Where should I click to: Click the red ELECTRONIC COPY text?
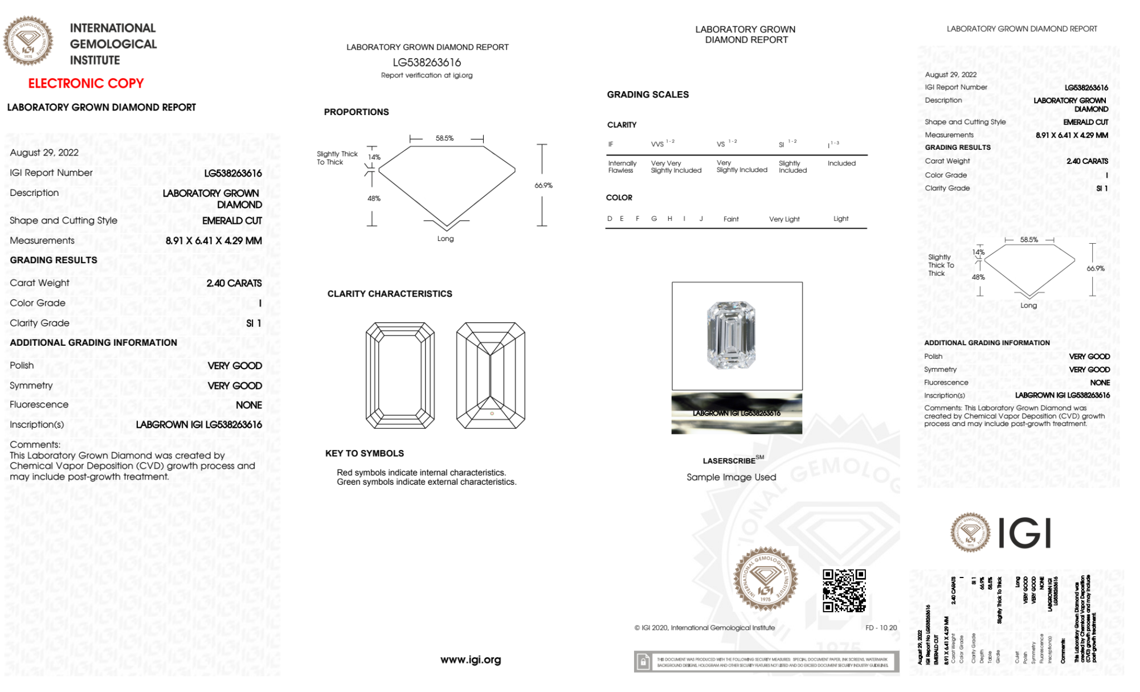tap(86, 83)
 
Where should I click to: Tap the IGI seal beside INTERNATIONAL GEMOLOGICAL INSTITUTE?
tap(28, 40)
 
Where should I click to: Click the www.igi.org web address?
tap(471, 660)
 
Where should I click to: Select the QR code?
tap(844, 591)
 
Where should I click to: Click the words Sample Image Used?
tap(731, 477)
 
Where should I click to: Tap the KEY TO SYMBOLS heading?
tap(365, 453)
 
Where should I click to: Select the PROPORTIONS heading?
tap(357, 112)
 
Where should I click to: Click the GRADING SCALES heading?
tap(648, 95)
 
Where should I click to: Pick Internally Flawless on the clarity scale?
tap(622, 167)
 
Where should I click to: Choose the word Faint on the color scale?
tap(731, 219)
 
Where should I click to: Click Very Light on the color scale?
tap(784, 219)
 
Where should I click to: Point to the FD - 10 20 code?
tap(881, 628)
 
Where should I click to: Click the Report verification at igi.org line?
tap(427, 75)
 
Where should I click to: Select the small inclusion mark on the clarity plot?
tap(492, 413)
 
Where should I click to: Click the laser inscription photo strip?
tap(737, 413)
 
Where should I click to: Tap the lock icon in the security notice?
tap(643, 662)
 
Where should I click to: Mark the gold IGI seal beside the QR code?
tap(765, 579)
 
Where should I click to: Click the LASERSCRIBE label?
tap(729, 461)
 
